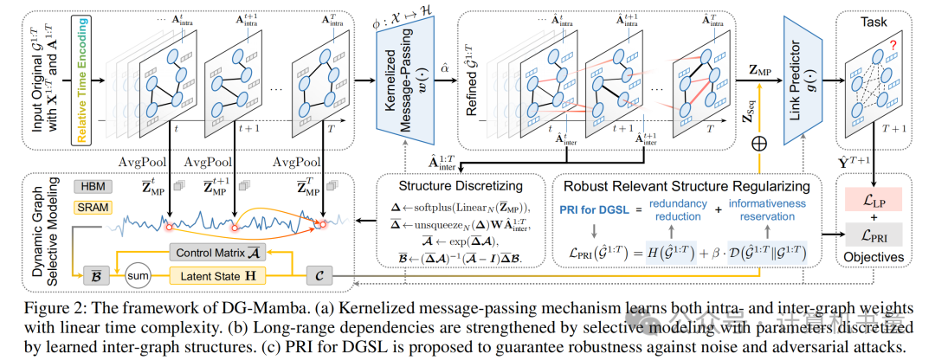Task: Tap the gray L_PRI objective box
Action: click(874, 235)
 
